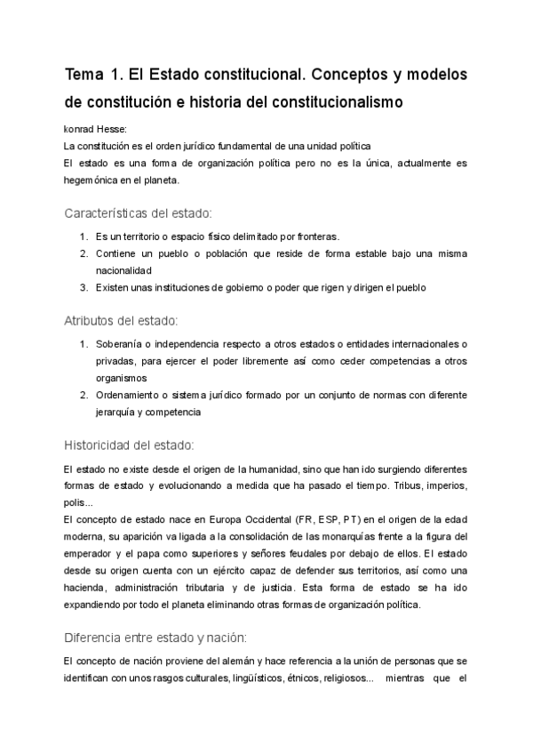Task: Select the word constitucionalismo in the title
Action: click(x=330, y=101)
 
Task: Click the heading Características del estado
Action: click(x=138, y=213)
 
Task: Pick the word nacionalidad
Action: click(x=125, y=270)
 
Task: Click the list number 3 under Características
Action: click(x=84, y=287)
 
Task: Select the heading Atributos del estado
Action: click(x=122, y=320)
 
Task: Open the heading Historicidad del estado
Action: click(x=130, y=445)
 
